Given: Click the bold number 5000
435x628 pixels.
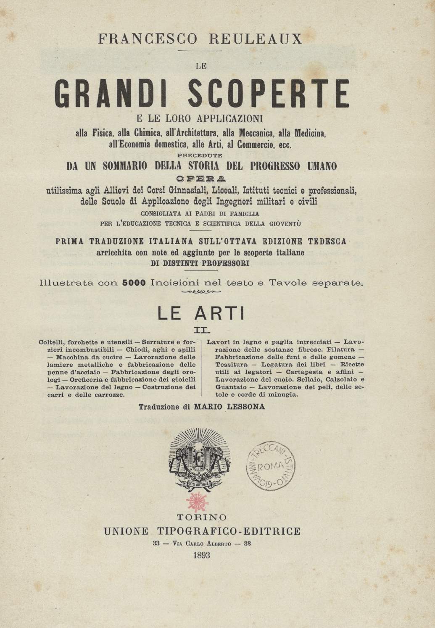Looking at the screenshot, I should click(134, 283).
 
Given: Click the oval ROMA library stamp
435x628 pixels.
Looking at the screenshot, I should click(270, 466).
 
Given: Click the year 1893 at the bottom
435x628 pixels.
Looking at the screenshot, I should click(202, 555).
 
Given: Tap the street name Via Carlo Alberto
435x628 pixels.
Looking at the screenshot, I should click(202, 544).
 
